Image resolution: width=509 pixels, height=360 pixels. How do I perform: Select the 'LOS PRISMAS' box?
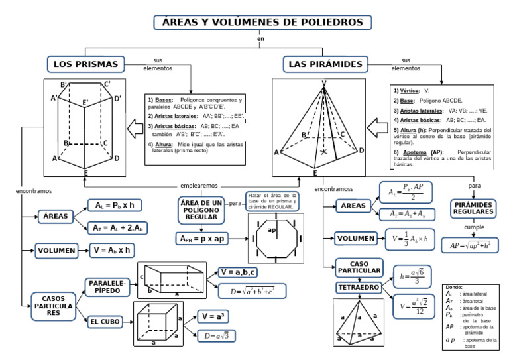click(86, 64)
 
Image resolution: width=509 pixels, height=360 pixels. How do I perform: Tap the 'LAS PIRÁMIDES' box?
click(326, 64)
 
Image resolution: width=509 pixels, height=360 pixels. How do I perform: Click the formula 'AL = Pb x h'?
click(115, 205)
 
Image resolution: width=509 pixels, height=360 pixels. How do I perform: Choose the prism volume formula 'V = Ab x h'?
click(112, 251)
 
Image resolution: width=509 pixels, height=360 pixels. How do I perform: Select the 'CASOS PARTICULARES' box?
click(54, 306)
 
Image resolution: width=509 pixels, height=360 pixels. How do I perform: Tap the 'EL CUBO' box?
click(106, 322)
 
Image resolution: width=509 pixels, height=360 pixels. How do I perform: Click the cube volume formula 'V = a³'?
click(215, 316)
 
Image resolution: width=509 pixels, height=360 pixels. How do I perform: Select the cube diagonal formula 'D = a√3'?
click(216, 336)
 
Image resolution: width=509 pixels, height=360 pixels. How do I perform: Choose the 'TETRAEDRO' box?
click(358, 288)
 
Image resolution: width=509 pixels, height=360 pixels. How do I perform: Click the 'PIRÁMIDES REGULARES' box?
click(473, 208)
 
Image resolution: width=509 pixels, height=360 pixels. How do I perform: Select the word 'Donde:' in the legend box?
click(455, 287)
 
